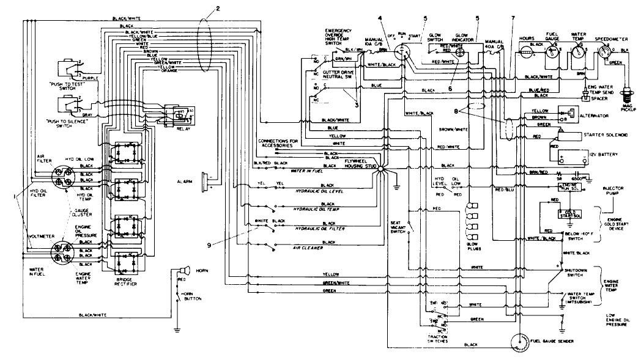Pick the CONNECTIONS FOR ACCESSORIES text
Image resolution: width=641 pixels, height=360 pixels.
click(x=277, y=144)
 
